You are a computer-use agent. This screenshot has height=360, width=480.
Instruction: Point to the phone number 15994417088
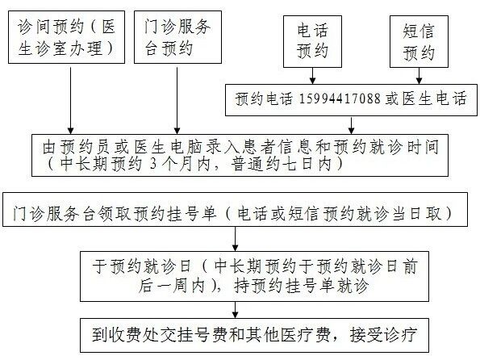(340, 98)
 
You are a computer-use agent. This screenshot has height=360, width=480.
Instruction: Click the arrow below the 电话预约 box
(312, 76)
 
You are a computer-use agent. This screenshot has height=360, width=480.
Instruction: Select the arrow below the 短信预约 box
(419, 76)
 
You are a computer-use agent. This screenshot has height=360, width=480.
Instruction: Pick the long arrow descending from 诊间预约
(70, 101)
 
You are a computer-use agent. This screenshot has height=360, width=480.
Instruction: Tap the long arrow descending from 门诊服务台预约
(177, 101)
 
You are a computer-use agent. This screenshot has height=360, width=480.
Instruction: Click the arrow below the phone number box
(352, 125)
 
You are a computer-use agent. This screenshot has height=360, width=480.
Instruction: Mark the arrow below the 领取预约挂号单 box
(235, 239)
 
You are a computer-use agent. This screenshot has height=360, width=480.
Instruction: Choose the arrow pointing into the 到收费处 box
(235, 310)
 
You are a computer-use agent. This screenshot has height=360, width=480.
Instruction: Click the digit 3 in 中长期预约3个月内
(153, 164)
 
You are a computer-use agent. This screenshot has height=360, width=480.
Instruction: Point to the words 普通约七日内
(282, 164)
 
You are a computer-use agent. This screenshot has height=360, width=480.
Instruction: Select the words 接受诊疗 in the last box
(383, 334)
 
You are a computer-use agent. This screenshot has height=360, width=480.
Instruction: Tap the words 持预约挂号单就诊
(301, 286)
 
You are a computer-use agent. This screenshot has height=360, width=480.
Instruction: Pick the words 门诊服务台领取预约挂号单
(115, 213)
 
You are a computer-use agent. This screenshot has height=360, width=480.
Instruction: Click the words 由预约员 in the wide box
(76, 147)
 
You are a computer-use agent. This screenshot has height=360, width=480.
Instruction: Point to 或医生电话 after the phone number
(425, 98)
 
